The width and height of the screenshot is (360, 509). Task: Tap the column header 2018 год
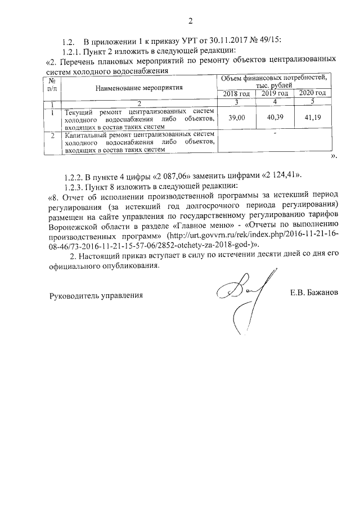pyautogui.click(x=236, y=93)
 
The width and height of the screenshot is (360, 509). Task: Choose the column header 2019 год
pyautogui.click(x=275, y=93)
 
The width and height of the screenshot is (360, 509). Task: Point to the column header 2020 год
pyautogui.click(x=312, y=93)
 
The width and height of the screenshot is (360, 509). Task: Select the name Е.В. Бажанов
pyautogui.click(x=313, y=294)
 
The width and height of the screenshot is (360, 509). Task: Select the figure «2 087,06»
pyautogui.click(x=166, y=173)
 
